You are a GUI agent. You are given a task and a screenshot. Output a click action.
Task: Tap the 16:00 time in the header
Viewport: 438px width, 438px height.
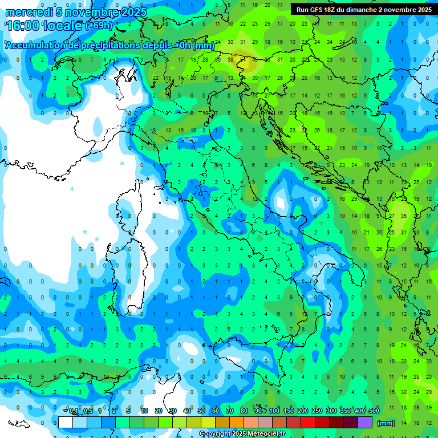click(22, 26)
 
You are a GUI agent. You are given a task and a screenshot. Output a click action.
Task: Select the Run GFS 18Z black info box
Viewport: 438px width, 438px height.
click(363, 9)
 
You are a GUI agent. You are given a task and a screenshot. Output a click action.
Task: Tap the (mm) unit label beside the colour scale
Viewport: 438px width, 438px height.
click(386, 423)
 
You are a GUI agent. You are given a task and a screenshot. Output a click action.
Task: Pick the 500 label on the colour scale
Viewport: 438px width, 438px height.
click(374, 411)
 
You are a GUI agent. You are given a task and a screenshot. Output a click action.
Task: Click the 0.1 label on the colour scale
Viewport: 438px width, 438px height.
click(74, 411)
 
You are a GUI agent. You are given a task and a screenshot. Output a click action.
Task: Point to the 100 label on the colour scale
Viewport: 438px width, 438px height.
click(274, 411)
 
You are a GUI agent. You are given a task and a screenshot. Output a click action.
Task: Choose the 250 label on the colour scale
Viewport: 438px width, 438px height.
click(317, 411)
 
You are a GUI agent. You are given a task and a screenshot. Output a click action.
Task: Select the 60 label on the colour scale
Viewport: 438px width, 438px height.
click(216, 411)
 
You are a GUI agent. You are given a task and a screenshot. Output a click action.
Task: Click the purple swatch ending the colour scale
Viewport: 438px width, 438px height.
click(365, 423)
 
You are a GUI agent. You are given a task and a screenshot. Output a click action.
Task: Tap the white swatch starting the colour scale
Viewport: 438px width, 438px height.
click(65, 423)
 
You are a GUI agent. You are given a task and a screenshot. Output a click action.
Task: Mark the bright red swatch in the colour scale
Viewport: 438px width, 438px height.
click(308, 423)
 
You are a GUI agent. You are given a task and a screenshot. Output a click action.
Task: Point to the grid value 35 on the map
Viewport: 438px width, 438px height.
click(404, 216)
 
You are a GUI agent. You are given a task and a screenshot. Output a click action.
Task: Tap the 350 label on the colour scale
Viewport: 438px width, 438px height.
click(345, 411)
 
